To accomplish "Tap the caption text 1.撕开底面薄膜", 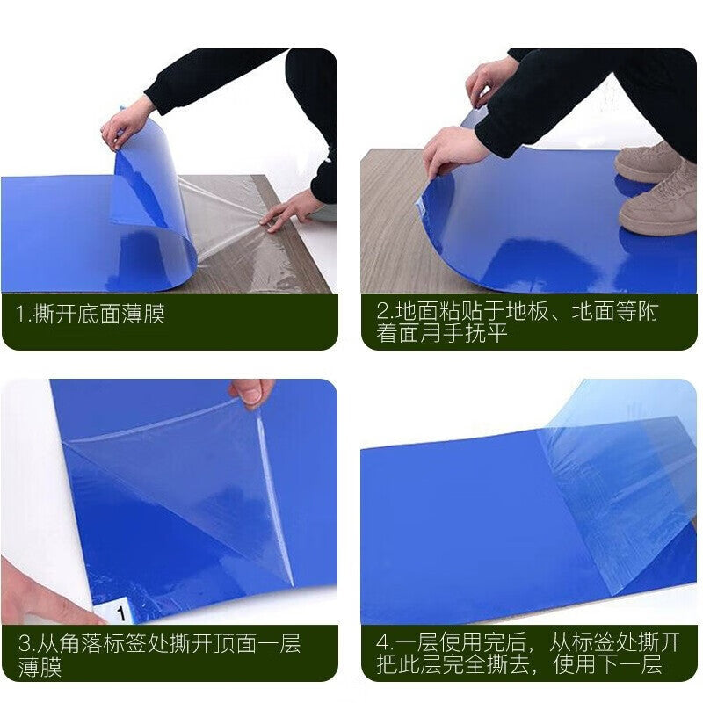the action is (91, 314).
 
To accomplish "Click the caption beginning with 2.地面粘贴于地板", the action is (517, 322).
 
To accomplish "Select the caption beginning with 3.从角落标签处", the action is (160, 655).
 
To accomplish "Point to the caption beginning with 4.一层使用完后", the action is (528, 653).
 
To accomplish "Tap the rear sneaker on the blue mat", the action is (646, 162).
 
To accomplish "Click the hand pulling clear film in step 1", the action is (287, 212).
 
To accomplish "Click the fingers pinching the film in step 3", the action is (250, 391).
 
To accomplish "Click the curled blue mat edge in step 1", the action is (152, 202).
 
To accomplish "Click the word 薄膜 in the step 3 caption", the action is (40, 667).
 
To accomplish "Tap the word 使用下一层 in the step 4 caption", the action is (607, 664).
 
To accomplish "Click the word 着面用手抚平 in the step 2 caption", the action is (442, 334).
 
